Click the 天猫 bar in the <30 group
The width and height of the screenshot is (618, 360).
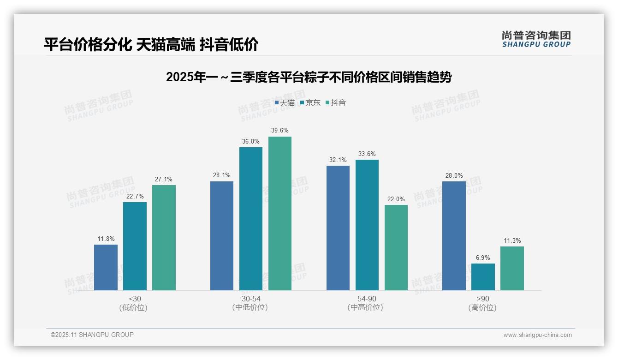(106, 267)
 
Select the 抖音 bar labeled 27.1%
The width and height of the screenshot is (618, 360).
(164, 238)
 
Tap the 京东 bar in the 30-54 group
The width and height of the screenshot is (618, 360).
(251, 219)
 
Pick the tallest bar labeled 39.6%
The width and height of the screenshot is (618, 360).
(280, 213)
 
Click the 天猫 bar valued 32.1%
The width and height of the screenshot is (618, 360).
(338, 228)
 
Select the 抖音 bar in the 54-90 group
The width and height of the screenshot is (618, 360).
(396, 247)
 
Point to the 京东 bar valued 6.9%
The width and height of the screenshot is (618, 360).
(483, 277)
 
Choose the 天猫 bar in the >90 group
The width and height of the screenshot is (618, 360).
(454, 236)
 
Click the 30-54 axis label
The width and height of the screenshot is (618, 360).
(250, 299)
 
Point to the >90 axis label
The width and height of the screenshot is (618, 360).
(483, 299)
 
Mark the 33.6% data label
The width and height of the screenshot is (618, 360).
(367, 154)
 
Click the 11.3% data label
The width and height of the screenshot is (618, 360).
(512, 241)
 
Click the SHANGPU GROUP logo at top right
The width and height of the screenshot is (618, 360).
(536, 39)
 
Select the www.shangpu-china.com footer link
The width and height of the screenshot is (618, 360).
(537, 335)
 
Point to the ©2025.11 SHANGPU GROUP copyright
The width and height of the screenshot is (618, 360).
(92, 335)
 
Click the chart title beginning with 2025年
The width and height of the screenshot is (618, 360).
(309, 78)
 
